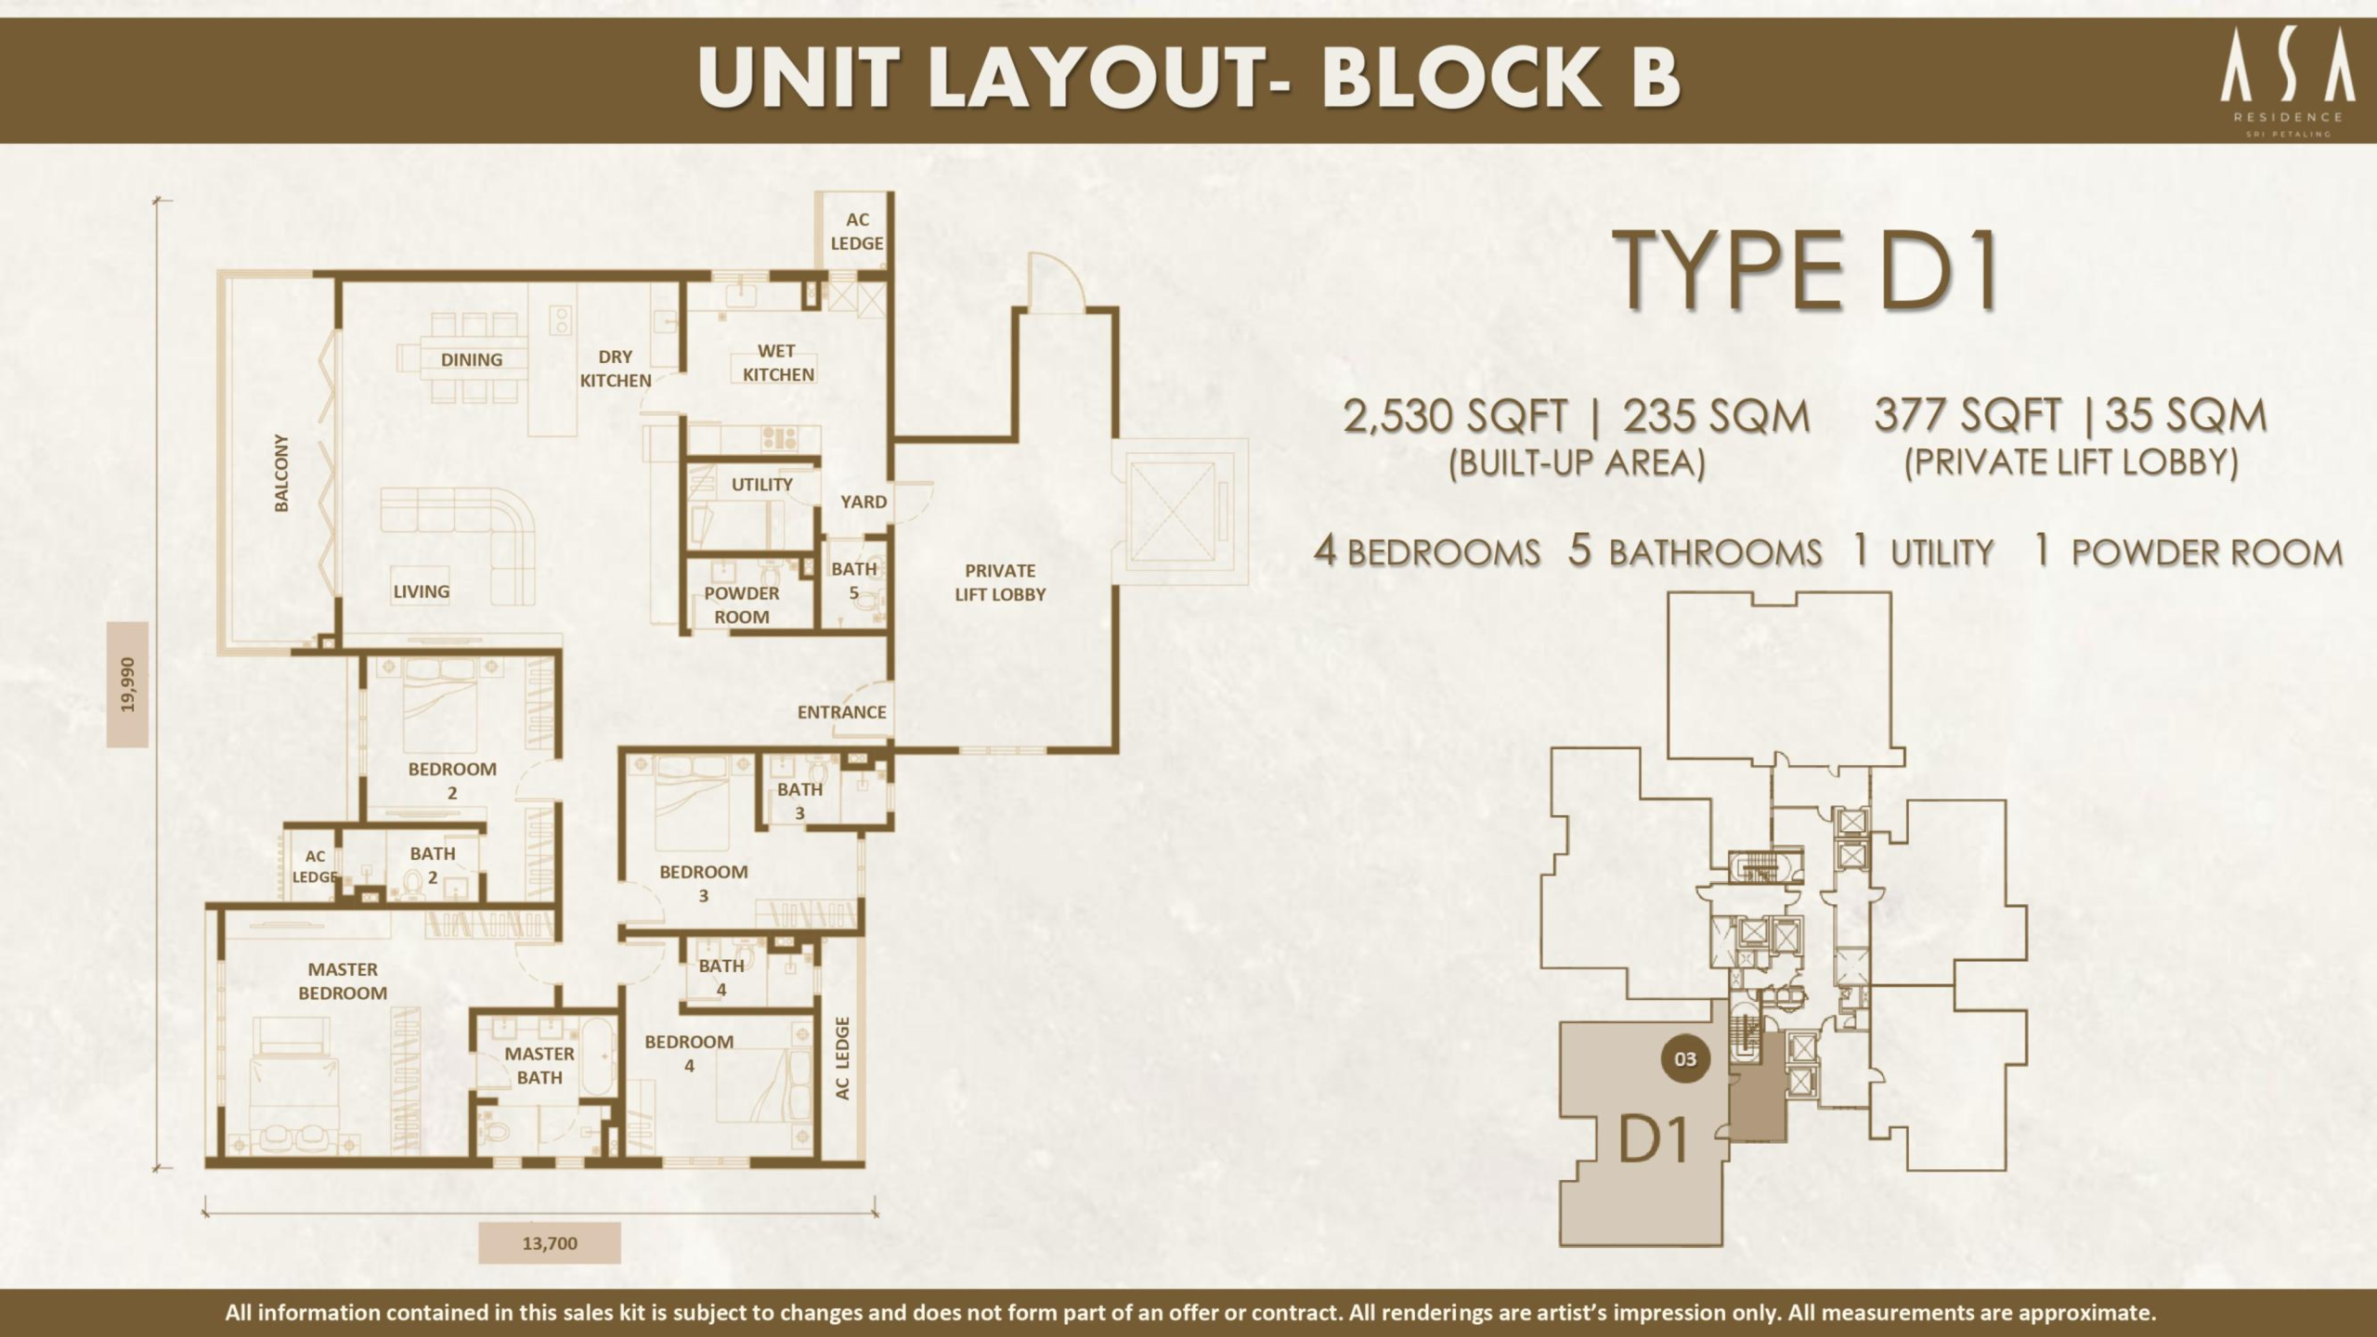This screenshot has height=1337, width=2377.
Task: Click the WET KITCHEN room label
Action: (777, 363)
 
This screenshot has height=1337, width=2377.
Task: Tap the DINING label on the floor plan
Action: (472, 359)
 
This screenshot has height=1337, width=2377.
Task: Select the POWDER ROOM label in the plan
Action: (741, 604)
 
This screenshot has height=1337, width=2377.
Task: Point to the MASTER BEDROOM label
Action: (343, 980)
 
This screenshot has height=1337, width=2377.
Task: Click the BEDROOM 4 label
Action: (689, 1053)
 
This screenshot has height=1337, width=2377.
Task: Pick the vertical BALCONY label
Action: (281, 473)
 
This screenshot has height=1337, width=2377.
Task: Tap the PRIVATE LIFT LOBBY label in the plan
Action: (1000, 582)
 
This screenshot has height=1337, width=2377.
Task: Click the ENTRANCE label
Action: (841, 712)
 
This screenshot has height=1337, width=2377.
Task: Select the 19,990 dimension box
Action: (128, 684)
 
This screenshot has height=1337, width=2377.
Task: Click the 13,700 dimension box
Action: (550, 1243)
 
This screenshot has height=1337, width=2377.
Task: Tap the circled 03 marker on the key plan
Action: (1685, 1058)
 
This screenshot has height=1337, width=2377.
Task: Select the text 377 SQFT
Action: (1968, 415)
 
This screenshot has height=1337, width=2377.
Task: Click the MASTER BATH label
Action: (539, 1065)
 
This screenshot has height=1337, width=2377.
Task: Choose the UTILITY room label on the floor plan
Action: (761, 484)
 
